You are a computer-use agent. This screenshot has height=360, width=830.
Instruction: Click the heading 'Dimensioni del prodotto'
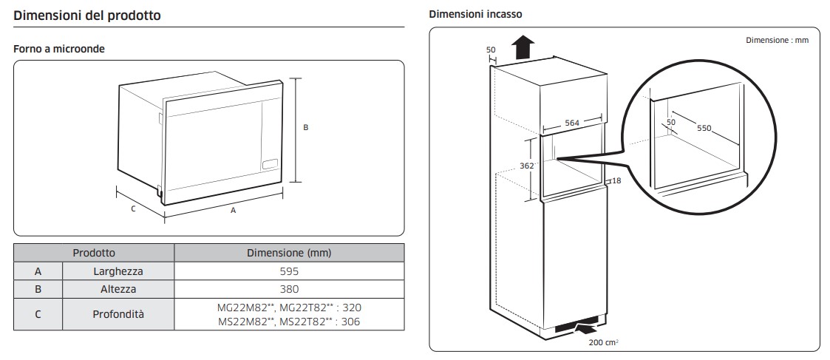87,15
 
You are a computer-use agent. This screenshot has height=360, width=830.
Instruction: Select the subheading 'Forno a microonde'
59,49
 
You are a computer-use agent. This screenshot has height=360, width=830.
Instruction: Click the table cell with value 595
289,271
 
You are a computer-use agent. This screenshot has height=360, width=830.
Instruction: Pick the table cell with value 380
289,289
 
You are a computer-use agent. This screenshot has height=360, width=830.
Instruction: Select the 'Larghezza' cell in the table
118,271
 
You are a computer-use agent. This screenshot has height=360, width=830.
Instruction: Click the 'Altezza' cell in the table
118,289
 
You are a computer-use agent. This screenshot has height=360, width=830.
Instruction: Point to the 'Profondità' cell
118,314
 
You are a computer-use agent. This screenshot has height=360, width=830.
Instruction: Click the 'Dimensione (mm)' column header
289,253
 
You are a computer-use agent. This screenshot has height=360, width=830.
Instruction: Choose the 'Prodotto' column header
94,253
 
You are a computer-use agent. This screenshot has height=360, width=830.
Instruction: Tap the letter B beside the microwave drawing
306,127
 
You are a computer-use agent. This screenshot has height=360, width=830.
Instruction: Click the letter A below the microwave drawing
234,210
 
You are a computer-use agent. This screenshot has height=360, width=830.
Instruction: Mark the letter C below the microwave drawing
133,208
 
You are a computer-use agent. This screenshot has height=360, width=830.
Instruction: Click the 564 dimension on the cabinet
572,123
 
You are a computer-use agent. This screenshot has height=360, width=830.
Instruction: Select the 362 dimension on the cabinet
526,166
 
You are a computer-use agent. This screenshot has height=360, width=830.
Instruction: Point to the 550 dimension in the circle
703,128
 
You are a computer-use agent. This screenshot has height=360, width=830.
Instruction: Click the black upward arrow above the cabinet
523,47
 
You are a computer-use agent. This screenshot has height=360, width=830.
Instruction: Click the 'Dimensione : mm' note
777,40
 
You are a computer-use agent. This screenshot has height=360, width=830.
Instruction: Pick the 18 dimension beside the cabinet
615,180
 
